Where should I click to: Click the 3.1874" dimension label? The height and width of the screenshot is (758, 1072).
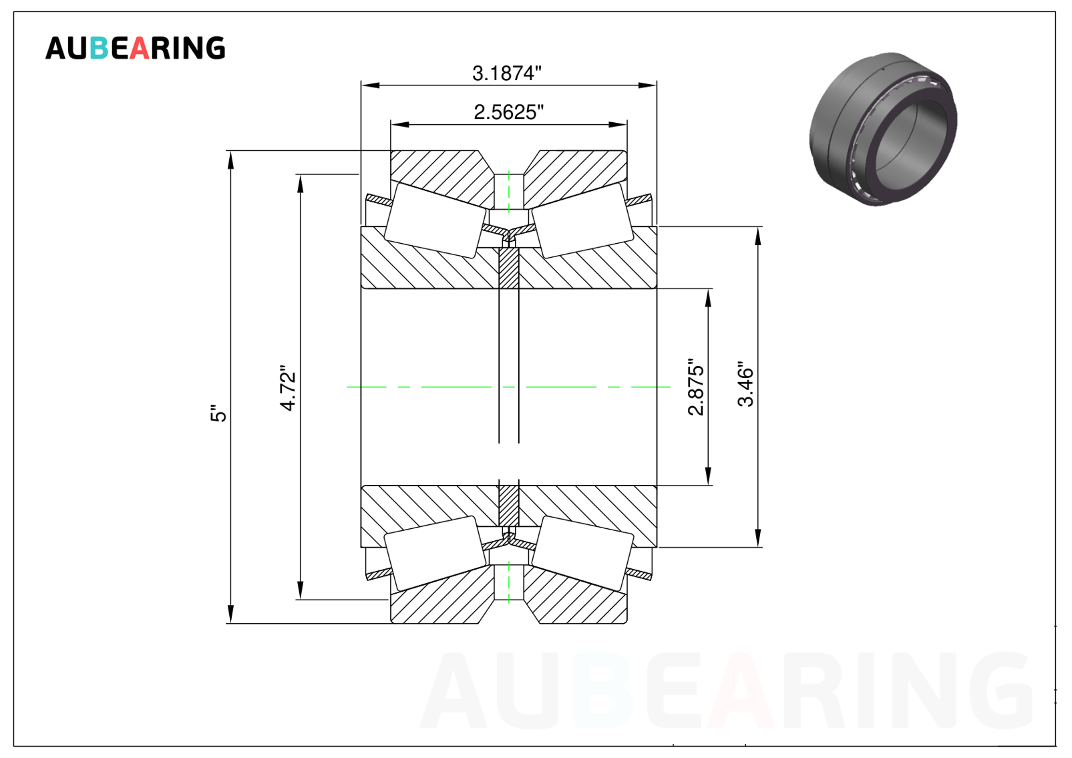pyautogui.click(x=507, y=73)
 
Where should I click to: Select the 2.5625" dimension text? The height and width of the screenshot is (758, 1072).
pyautogui.click(x=509, y=112)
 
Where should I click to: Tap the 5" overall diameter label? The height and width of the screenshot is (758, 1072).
pyautogui.click(x=218, y=413)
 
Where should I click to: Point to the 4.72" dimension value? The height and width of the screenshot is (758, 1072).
pyautogui.click(x=288, y=388)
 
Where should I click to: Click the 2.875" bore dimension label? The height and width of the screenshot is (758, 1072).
pyautogui.click(x=696, y=387)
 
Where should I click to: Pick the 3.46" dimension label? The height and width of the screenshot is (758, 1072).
pyautogui.click(x=745, y=384)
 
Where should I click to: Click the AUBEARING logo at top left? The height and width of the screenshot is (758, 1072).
pyautogui.click(x=135, y=48)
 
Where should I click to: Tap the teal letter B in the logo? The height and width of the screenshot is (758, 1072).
pyautogui.click(x=99, y=48)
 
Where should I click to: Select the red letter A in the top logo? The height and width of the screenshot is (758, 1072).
pyautogui.click(x=140, y=48)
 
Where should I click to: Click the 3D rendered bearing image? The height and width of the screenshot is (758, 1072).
pyautogui.click(x=883, y=129)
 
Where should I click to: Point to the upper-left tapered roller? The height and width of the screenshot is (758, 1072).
pyautogui.click(x=435, y=220)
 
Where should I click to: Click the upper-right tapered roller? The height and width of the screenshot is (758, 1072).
pyautogui.click(x=582, y=220)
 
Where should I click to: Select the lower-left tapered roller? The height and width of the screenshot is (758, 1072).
pyautogui.click(x=435, y=554)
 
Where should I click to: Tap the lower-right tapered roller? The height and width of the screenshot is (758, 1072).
pyautogui.click(x=582, y=554)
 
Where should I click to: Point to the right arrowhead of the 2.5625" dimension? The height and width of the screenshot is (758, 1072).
pyautogui.click(x=618, y=124)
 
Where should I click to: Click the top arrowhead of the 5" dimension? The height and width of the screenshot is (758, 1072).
pyautogui.click(x=230, y=160)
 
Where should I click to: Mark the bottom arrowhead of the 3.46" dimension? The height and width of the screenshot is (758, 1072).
pyautogui.click(x=757, y=538)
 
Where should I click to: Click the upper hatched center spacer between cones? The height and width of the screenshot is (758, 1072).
pyautogui.click(x=509, y=268)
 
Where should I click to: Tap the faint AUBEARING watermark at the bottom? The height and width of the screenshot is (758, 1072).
pyautogui.click(x=725, y=690)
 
